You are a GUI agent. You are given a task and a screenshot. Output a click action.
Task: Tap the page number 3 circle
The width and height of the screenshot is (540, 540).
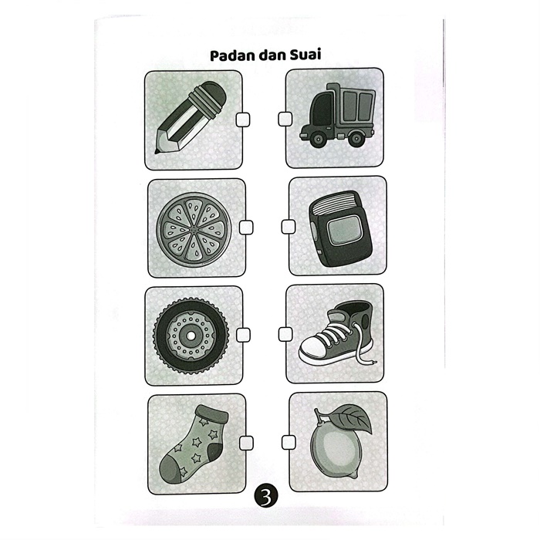point(266,496)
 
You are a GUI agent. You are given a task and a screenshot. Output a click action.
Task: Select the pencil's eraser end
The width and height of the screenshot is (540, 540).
point(209,97)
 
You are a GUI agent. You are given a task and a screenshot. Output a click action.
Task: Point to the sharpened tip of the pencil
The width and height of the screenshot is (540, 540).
point(157,151)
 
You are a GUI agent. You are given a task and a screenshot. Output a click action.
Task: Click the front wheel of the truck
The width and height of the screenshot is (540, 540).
point(318,140)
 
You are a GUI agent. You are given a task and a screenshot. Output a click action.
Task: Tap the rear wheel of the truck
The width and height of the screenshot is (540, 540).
point(356,139)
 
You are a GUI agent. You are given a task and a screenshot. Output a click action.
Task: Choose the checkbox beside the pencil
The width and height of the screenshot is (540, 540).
point(243,120)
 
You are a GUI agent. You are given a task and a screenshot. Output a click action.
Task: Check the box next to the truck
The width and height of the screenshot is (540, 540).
point(285,119)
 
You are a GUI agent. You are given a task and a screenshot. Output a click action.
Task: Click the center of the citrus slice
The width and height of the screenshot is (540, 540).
point(194,228)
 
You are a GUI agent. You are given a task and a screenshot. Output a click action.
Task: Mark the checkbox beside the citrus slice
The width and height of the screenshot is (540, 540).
point(246,228)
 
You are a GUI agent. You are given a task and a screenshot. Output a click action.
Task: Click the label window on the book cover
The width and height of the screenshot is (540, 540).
point(343,230)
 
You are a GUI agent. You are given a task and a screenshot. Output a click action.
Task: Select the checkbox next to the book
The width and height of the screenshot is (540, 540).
point(289,227)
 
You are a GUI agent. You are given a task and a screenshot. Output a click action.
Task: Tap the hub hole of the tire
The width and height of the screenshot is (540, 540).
point(191,335)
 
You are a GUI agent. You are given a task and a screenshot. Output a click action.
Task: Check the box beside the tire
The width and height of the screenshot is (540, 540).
point(243,335)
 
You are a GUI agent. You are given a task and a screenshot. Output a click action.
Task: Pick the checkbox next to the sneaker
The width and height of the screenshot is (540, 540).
point(285,334)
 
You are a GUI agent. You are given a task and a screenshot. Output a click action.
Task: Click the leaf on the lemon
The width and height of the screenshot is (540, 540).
point(352,418)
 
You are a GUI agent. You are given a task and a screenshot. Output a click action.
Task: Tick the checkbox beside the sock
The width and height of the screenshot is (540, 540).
point(246,443)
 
